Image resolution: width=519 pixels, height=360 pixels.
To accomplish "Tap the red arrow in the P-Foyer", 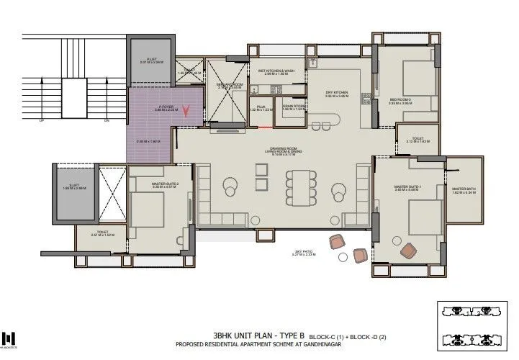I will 187,112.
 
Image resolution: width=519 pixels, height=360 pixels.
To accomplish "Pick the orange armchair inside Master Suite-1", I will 408,250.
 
